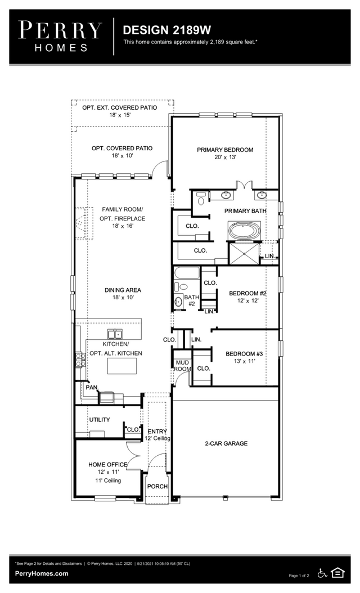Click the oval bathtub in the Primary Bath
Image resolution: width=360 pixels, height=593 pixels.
click(x=244, y=231)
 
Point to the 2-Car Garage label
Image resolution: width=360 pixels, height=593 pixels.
click(x=226, y=443)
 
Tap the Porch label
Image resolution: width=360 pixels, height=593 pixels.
click(x=157, y=486)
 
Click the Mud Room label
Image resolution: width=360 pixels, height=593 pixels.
click(x=182, y=366)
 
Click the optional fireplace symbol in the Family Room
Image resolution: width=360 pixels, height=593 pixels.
click(x=83, y=223)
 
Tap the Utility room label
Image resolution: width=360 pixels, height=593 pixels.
click(x=100, y=420)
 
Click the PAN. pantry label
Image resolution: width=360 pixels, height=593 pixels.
click(x=92, y=387)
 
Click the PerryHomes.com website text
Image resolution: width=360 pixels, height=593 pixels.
click(x=42, y=573)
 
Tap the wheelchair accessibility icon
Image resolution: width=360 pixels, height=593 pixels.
click(x=323, y=573)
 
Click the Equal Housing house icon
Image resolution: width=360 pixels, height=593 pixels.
click(x=337, y=573)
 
